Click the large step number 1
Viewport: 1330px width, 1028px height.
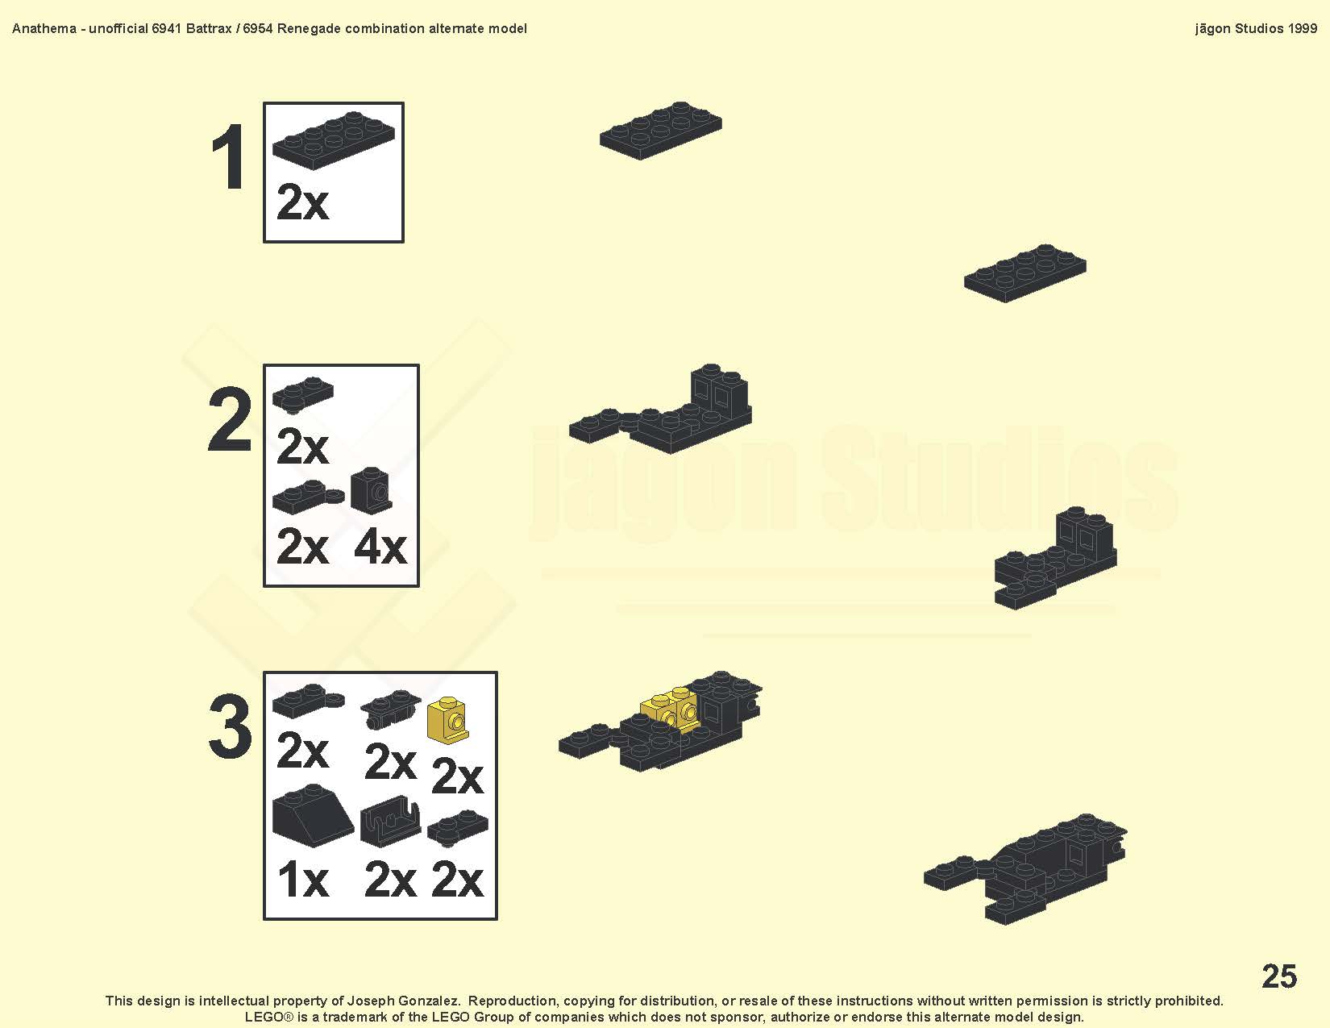tap(228, 156)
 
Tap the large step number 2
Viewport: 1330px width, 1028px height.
tap(230, 419)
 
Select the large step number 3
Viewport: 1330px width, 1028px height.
tap(231, 726)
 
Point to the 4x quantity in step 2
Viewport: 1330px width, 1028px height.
tap(380, 547)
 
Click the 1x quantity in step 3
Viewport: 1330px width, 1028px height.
tap(303, 880)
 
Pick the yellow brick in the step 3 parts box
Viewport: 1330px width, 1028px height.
tap(447, 720)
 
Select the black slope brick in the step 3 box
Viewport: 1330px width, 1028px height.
tap(312, 815)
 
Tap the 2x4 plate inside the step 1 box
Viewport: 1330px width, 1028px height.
tap(334, 139)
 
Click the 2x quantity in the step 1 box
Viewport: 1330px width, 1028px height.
tap(302, 202)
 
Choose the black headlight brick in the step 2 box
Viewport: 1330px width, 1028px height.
tap(371, 490)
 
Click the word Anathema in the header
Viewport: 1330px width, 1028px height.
tap(44, 29)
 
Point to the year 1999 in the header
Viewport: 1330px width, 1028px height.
tap(1303, 29)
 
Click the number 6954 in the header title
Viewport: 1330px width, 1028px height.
tap(258, 29)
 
